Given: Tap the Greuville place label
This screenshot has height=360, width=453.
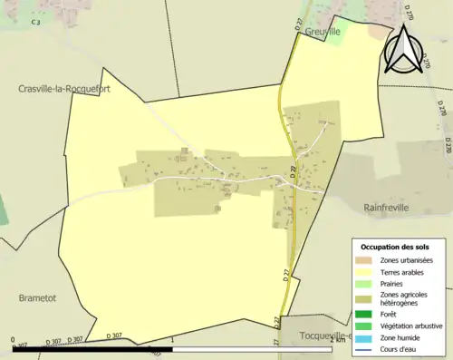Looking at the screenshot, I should (322, 31).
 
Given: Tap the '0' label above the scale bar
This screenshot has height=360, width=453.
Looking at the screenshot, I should (14, 341).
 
